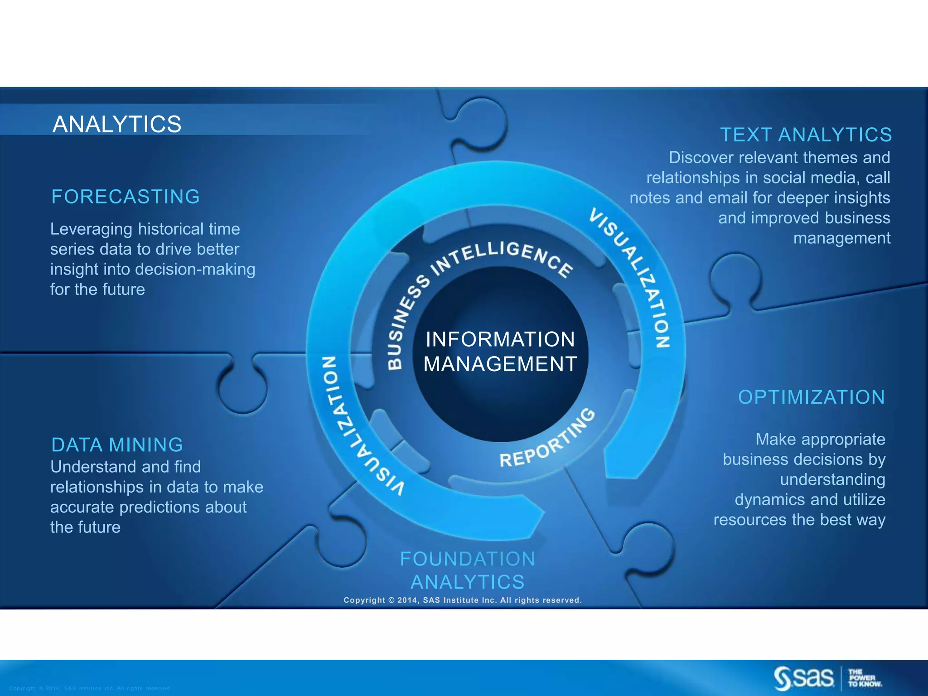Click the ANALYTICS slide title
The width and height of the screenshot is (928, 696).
(117, 124)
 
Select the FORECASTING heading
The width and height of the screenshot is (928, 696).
(126, 197)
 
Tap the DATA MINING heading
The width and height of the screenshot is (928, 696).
(117, 445)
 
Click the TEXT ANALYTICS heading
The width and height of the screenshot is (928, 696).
(806, 135)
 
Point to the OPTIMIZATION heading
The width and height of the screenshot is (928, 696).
(811, 397)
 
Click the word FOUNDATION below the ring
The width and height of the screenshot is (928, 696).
(467, 559)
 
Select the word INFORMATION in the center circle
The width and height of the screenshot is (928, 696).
(500, 339)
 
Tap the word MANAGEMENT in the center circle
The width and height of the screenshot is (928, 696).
(500, 364)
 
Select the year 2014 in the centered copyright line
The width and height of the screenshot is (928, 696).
(409, 600)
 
